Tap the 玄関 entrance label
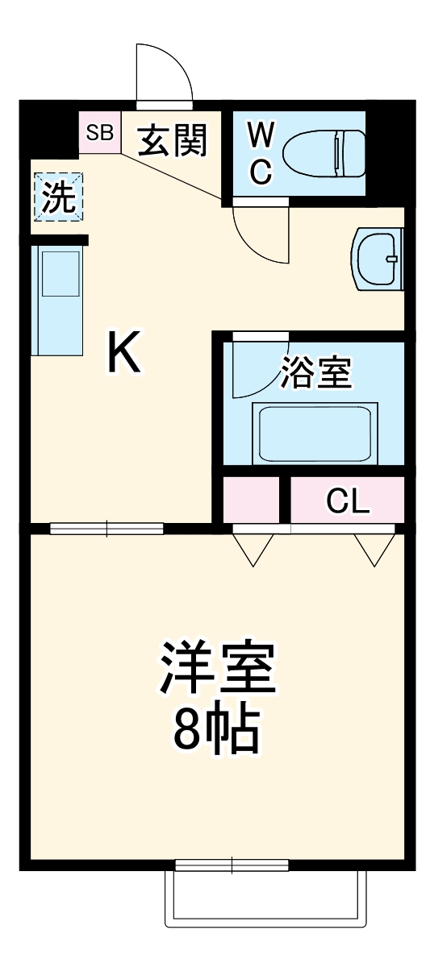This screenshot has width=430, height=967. [173, 141]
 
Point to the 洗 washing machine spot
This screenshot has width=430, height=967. [59, 198]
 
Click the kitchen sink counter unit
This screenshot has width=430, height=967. [57, 300]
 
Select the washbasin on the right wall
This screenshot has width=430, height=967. [378, 259]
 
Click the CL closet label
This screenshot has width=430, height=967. [348, 501]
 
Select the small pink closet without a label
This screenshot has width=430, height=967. [251, 500]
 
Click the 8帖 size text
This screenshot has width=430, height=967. [216, 730]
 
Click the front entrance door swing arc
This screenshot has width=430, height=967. [165, 73]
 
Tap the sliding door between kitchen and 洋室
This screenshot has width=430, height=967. [106, 529]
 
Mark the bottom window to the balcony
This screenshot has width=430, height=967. [232, 865]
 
